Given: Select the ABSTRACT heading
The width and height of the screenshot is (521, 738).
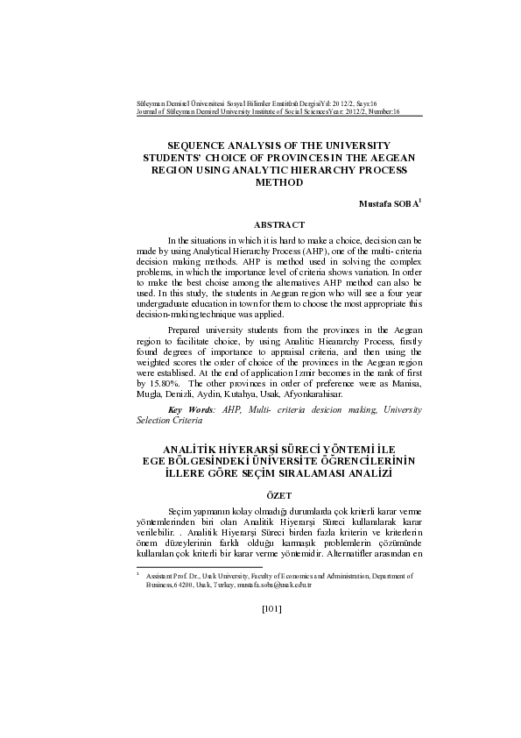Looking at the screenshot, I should (x=279, y=225).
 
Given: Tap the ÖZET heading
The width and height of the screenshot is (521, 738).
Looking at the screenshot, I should (x=278, y=495).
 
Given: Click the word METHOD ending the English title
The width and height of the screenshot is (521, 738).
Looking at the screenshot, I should (x=279, y=183).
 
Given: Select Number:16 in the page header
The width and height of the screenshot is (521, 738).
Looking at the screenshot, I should (x=384, y=113).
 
